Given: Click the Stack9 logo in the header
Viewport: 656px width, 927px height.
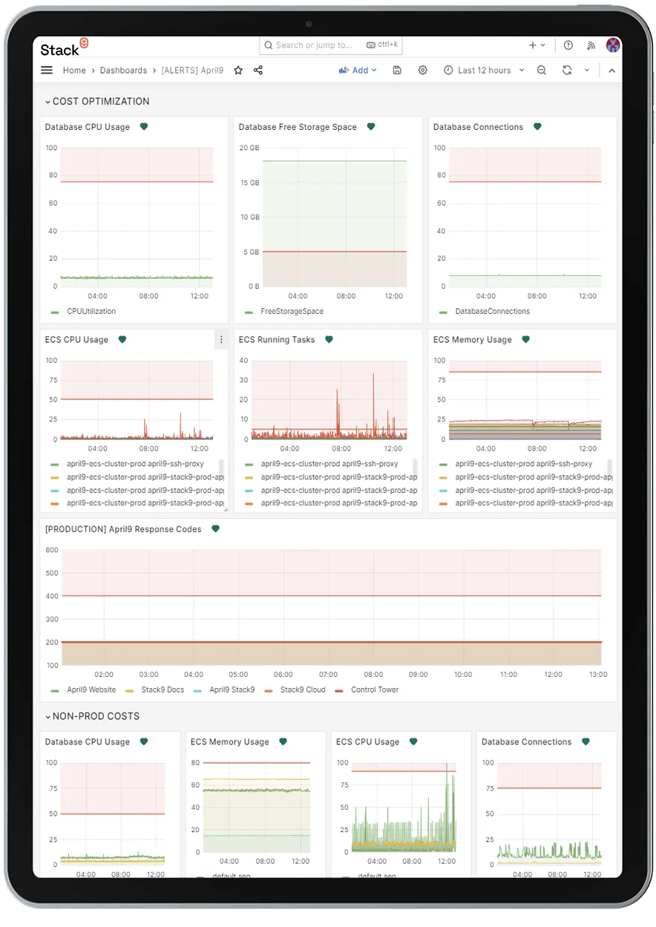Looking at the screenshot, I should tap(64, 49).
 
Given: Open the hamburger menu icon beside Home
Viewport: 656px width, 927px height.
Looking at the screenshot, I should tap(47, 71).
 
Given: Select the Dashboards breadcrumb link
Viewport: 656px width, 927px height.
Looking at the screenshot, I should tap(123, 71).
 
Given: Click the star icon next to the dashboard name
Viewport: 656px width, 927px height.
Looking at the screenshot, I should tap(238, 71).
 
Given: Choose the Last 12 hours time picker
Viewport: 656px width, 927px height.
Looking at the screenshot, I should tap(484, 71).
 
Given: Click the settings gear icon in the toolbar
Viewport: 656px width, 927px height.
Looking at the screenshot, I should tap(423, 71).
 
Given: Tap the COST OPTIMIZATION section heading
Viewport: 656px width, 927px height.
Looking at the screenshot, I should tap(101, 102).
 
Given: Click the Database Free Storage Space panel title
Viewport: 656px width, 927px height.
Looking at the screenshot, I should tap(298, 127).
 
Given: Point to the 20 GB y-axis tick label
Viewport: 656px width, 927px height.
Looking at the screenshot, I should tap(249, 148).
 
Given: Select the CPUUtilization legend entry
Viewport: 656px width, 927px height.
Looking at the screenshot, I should tap(91, 312).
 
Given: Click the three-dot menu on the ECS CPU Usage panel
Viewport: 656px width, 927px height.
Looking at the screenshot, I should tap(220, 340).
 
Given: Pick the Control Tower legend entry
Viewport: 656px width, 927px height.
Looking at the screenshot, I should tap(374, 690).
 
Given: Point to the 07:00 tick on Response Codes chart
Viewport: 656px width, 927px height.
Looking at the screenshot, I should tap(328, 675).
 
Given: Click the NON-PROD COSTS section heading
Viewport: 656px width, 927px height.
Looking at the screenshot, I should tap(96, 717).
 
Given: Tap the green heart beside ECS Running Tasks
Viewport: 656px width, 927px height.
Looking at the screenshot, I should tap(329, 340).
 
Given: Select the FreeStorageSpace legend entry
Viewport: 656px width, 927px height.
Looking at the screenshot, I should tap(292, 312).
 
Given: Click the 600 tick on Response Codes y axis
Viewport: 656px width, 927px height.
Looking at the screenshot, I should tap(52, 550).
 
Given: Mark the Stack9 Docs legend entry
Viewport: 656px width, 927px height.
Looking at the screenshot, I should tap(162, 690).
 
